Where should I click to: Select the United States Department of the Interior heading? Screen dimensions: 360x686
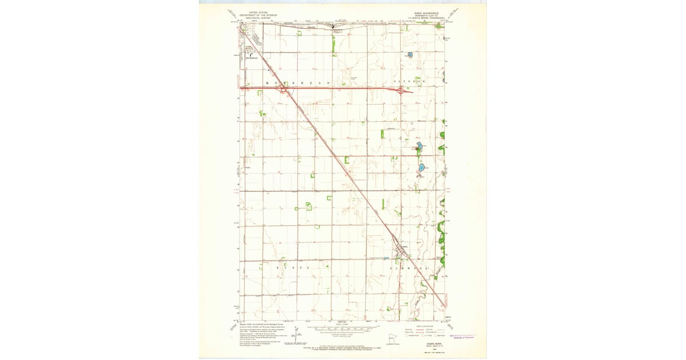[256, 14]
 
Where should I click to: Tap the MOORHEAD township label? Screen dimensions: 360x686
[297, 83]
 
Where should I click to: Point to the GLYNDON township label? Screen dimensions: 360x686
[410, 83]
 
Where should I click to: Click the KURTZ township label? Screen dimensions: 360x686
[292, 268]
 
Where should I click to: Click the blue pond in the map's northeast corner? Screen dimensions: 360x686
[410, 55]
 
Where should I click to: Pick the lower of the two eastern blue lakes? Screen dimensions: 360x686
[422, 168]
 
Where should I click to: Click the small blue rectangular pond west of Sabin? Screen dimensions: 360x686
[387, 258]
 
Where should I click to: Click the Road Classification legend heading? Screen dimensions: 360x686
[425, 325]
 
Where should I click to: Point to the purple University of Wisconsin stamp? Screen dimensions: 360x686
[464, 336]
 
